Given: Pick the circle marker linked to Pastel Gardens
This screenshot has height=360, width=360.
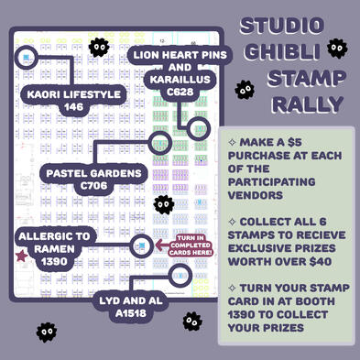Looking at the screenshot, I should pyautogui.click(x=160, y=143).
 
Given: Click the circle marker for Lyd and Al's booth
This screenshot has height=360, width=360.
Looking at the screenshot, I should pyautogui.click(x=180, y=275).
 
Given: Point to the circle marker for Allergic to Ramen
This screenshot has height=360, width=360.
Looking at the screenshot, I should pyautogui.click(x=141, y=245).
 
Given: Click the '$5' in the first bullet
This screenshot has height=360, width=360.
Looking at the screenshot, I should pyautogui.click(x=293, y=144).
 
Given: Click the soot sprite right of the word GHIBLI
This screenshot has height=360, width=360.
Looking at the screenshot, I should pyautogui.click(x=336, y=49).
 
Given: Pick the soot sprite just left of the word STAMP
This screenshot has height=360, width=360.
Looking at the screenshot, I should pyautogui.click(x=244, y=89).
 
